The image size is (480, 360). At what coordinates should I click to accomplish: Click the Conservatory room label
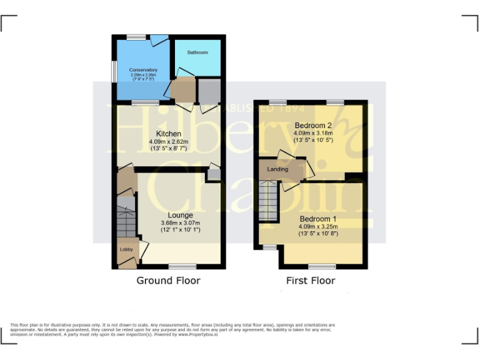(143, 69)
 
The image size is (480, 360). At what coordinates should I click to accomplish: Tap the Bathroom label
(197, 52)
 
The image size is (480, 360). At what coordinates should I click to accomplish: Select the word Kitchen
(169, 134)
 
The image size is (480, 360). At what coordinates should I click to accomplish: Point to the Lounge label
(180, 215)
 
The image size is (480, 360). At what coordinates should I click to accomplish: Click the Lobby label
(126, 249)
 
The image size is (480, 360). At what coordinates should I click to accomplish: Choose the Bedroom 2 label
(313, 126)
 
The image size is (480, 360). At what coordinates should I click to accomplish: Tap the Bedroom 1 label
(318, 219)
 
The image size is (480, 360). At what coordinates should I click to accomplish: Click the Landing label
(277, 169)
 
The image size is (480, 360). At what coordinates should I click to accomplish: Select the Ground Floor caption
(168, 281)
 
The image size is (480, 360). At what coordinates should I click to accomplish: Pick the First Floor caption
(311, 281)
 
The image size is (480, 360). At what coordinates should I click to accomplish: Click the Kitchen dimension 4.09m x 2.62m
(169, 142)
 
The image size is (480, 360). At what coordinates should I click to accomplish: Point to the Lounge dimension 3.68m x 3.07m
(180, 223)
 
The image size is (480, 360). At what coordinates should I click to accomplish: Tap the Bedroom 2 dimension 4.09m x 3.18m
(313, 133)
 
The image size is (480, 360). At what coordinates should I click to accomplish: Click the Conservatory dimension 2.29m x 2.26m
(143, 75)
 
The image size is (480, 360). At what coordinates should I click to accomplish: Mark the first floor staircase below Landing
(269, 200)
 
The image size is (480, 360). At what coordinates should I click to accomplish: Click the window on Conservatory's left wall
(114, 71)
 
